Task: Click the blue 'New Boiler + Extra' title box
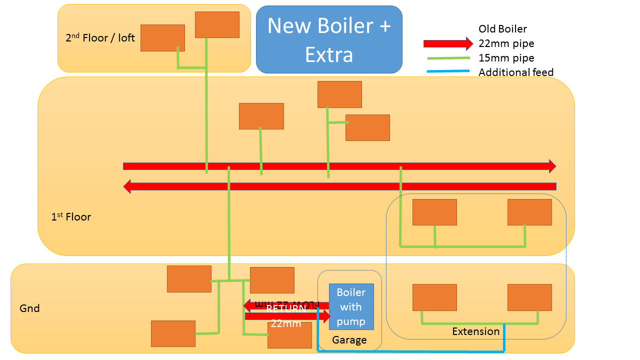[329, 39]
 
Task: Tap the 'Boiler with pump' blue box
[351, 306]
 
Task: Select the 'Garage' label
[349, 340]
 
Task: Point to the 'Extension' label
[475, 331]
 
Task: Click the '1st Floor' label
[71, 217]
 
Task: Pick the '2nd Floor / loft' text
[100, 38]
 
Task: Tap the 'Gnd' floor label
[29, 308]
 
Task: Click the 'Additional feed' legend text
[516, 72]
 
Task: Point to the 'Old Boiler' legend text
[502, 29]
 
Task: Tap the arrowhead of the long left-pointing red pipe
[127, 186]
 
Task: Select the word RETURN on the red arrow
[285, 308]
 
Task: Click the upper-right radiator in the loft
[217, 24]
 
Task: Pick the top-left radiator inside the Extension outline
[434, 212]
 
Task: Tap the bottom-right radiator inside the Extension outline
[529, 297]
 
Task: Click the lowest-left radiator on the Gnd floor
[173, 333]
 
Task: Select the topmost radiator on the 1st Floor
[339, 94]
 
